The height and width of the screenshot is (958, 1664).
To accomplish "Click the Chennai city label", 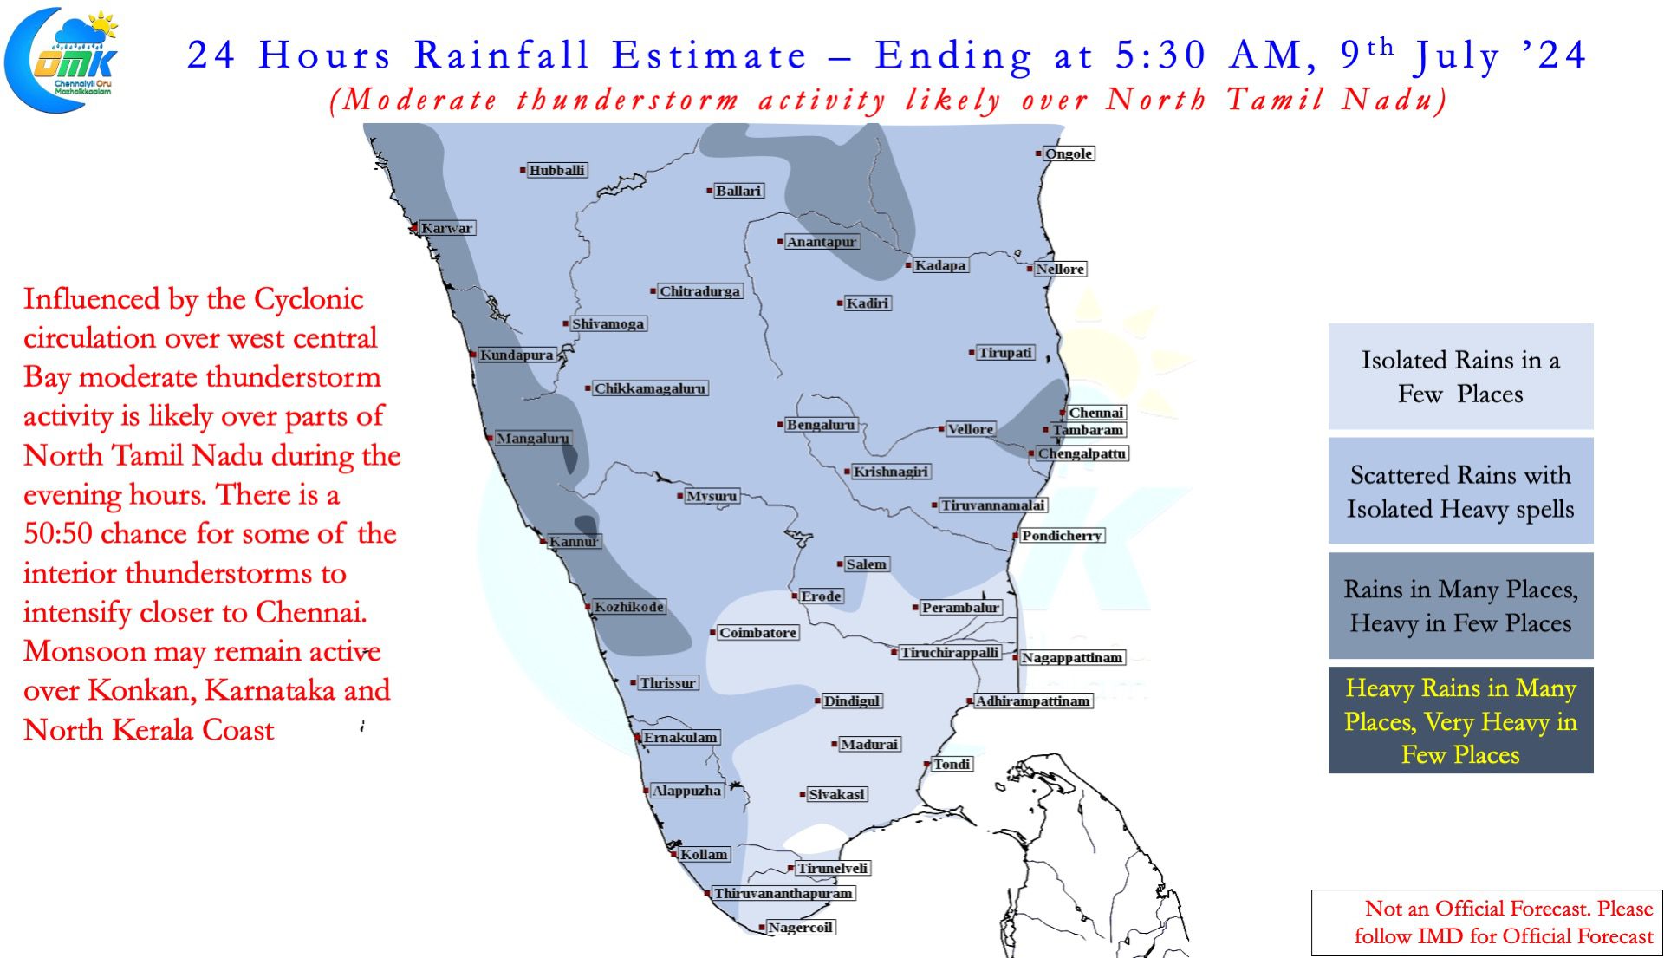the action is click(x=1096, y=413).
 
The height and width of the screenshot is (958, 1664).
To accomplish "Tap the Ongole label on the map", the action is click(x=1069, y=153).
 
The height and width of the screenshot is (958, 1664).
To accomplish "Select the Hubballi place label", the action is click(x=557, y=170).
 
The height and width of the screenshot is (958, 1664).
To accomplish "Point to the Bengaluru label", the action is click(x=821, y=425).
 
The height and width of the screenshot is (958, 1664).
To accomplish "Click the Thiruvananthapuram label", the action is click(x=783, y=893).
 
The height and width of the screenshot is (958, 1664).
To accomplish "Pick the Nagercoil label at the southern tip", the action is click(x=801, y=928).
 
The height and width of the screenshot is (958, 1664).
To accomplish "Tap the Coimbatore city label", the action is click(x=758, y=633).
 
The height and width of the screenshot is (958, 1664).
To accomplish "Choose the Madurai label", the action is click(x=869, y=744).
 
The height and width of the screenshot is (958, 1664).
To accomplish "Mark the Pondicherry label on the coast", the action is click(x=1062, y=536).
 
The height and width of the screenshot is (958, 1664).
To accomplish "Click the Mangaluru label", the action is click(x=533, y=439).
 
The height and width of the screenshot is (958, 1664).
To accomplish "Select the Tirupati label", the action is click(x=1005, y=353).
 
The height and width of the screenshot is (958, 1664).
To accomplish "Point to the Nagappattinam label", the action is click(x=1072, y=658).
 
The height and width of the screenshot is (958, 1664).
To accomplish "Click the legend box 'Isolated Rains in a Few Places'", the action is click(x=1461, y=376).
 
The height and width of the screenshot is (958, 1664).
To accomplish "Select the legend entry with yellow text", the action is click(x=1461, y=720).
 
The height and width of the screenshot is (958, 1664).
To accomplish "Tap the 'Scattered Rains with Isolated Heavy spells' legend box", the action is click(x=1461, y=491).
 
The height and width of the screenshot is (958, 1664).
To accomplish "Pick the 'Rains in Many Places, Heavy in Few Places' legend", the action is click(x=1461, y=605).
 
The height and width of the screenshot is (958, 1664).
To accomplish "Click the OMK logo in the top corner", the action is click(x=61, y=59).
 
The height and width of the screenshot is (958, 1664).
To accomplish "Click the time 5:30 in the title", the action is click(x=1160, y=55).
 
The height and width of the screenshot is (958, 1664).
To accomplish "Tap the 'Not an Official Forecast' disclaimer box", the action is click(x=1487, y=922).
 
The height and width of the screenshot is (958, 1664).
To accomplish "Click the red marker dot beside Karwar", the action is click(x=414, y=229).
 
